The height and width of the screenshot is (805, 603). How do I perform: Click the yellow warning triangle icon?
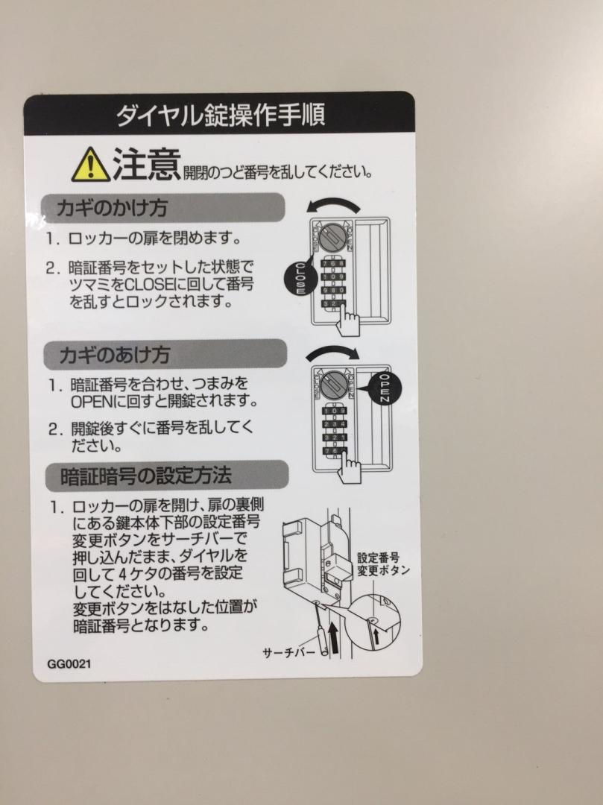click(90, 165)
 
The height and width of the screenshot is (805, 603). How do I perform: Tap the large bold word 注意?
click(146, 164)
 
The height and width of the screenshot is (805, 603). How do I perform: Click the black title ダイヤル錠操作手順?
click(220, 115)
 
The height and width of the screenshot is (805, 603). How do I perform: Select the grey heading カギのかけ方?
click(112, 208)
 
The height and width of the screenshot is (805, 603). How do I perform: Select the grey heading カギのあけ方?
click(115, 355)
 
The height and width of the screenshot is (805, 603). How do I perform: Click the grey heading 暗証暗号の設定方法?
click(146, 476)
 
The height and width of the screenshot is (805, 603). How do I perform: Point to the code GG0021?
click(69, 664)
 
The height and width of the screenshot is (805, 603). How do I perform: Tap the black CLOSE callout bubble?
click(299, 278)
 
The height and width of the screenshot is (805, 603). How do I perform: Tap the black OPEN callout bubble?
click(385, 388)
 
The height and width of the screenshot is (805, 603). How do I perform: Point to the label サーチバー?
click(289, 653)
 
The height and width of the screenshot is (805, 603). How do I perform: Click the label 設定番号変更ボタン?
click(383, 564)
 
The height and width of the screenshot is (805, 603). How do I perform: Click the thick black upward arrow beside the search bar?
click(334, 637)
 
